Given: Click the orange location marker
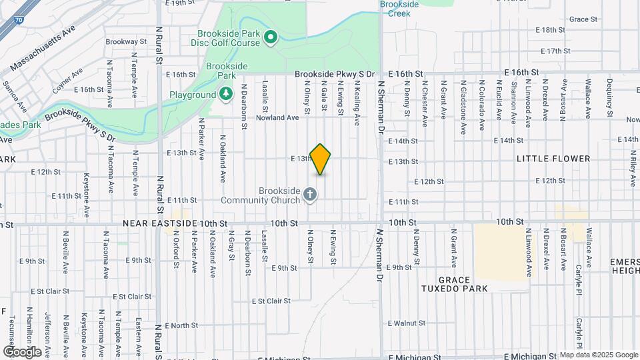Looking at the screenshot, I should click(x=321, y=159).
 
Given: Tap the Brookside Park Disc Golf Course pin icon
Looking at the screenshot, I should click(x=270, y=37).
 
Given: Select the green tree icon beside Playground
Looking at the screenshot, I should click(x=227, y=94).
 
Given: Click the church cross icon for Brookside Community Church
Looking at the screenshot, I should click(x=309, y=194).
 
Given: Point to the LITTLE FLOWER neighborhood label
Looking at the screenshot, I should click(x=553, y=159).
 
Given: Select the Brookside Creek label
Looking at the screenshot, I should click(x=399, y=8).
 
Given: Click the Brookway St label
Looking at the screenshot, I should click(x=121, y=41).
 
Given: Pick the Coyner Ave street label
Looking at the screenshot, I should click(x=67, y=81).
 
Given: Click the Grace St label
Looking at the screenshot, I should click(x=583, y=19).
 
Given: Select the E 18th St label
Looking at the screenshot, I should click(x=551, y=30).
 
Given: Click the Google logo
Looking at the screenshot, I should click(x=21, y=351).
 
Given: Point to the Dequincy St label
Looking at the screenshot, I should click(x=609, y=98).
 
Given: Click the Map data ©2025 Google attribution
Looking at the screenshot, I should click(x=599, y=355).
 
